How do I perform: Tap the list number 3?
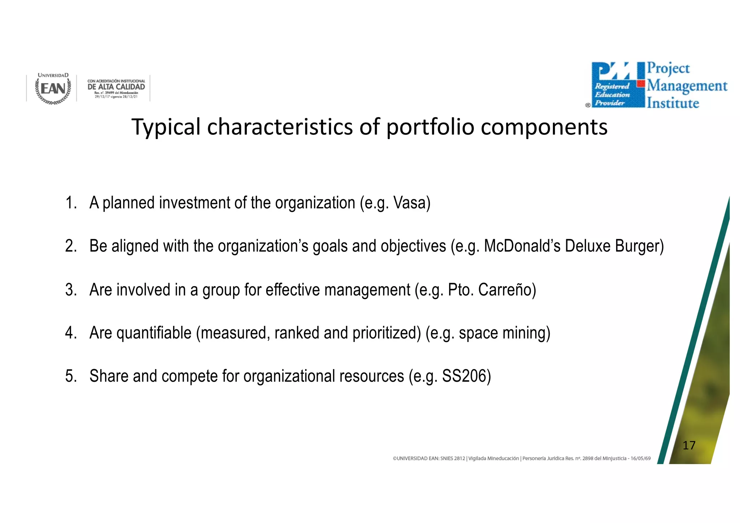71,290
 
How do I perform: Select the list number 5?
71,376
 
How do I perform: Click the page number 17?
689,445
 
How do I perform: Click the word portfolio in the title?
430,127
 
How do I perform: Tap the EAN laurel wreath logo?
53,88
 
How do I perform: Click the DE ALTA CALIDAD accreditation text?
116,87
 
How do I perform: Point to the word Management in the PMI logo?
687,86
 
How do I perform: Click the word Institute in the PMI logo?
673,103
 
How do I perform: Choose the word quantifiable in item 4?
154,333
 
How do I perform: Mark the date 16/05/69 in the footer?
641,458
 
